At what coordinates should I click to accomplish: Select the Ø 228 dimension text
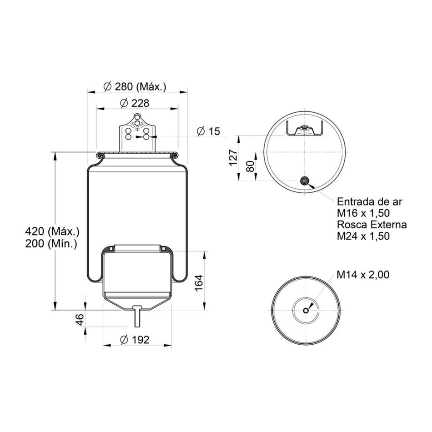[135, 103]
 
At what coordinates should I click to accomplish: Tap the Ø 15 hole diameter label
[208, 131]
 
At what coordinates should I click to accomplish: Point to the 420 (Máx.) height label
[52, 231]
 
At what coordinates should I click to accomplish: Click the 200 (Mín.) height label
[51, 243]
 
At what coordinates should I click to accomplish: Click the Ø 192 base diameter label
[135, 340]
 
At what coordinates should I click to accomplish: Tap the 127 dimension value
[233, 157]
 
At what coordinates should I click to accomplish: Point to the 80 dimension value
[250, 166]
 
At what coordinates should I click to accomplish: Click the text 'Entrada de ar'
[369, 201]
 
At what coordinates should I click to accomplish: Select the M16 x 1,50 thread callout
[364, 213]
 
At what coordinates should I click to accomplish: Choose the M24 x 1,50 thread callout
[364, 236]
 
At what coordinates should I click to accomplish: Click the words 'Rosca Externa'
[372, 224]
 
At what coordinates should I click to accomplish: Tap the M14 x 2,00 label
[363, 275]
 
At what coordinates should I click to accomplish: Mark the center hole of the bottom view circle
[306, 311]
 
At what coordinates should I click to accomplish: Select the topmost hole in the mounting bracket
[137, 117]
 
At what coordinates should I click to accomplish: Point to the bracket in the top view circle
[304, 130]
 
